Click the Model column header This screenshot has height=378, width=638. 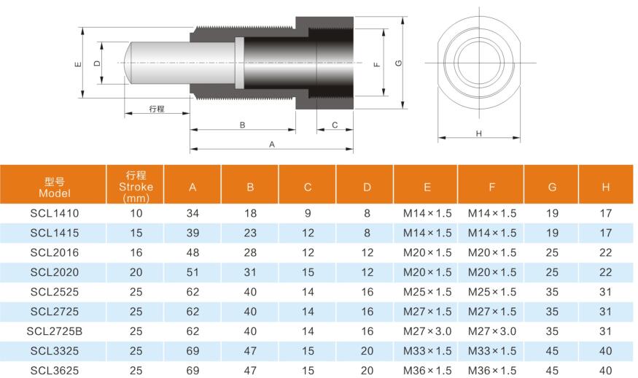55,187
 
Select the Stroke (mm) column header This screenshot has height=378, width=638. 136,187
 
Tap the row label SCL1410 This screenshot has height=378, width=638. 55,213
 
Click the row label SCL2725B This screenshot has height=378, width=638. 55,331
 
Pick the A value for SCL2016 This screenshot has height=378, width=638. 192,252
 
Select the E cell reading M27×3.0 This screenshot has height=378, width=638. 427,331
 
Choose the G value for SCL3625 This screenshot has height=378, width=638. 552,371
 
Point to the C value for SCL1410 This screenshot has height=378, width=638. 308,213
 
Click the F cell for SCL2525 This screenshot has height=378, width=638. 492,292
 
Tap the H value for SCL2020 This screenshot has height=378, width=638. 605,272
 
